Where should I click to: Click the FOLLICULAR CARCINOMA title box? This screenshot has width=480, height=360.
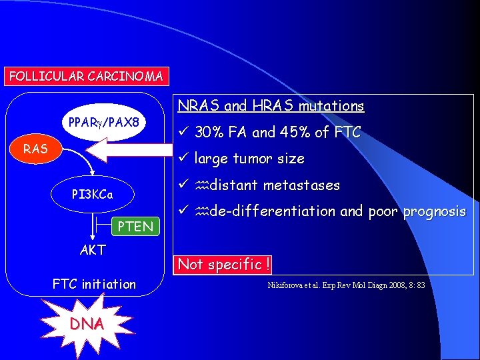click(86, 76)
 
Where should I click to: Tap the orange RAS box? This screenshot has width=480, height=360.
click(36, 149)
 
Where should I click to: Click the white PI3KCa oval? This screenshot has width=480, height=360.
click(93, 195)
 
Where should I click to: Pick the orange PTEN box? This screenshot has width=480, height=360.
click(135, 227)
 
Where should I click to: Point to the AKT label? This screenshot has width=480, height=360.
click(92, 250)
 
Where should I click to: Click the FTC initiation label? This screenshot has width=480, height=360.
click(94, 285)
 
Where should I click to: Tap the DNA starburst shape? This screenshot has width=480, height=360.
click(85, 323)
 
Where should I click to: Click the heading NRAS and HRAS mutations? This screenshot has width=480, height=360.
click(270, 106)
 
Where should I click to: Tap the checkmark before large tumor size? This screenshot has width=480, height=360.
click(183, 159)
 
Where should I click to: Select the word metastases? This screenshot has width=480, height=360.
click(303, 185)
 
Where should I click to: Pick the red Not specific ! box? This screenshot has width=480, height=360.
click(223, 264)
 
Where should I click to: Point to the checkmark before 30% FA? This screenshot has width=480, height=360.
click(183, 133)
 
